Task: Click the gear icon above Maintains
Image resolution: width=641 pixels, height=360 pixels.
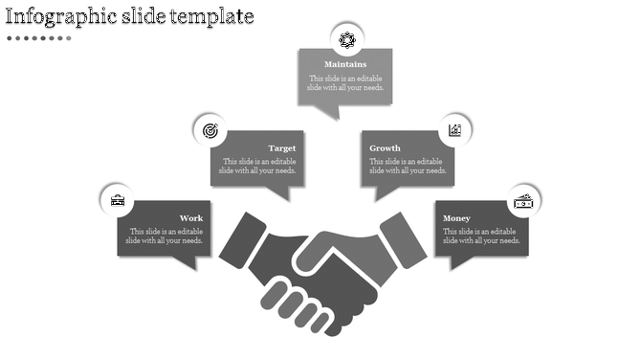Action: coord(346,39)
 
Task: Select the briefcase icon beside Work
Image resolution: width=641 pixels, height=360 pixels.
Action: coord(117,200)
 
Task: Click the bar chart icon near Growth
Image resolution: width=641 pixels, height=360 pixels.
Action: coord(454,130)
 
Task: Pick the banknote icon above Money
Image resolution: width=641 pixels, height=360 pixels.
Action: coord(523,201)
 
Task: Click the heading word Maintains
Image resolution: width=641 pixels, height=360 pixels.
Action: coord(345,65)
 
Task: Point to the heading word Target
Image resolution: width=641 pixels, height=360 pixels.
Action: coord(281,148)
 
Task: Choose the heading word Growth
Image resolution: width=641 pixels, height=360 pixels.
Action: coord(385,148)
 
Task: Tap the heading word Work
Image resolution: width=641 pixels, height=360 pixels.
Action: coord(191,218)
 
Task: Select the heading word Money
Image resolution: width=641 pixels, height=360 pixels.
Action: coord(456,218)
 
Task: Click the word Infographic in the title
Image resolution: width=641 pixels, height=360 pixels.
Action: coord(62,16)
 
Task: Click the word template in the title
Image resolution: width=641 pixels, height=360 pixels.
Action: coord(215,16)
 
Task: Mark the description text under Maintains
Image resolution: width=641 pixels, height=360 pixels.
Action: coord(345,83)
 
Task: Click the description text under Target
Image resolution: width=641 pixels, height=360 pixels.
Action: coord(257,167)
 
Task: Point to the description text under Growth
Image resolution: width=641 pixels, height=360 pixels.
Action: coord(407,167)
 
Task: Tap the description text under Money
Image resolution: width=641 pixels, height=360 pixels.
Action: coord(480,236)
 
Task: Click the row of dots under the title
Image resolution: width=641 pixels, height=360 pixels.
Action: coord(38,38)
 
